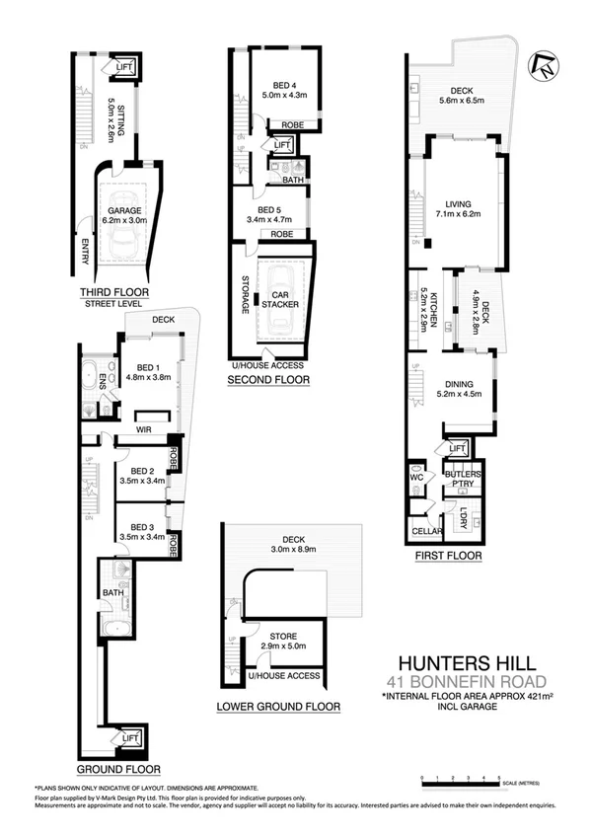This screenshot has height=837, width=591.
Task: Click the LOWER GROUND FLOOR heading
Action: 279,707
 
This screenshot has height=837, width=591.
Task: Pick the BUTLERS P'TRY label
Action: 465,478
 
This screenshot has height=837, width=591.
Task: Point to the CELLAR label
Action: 426,531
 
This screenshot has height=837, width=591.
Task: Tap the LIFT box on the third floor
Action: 124,67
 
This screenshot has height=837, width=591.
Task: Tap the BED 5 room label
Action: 271,215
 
